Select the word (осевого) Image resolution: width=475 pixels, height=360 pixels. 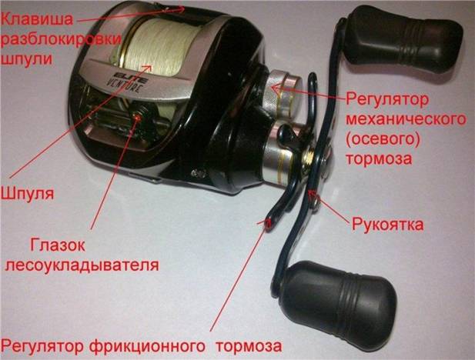(x=381, y=139)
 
